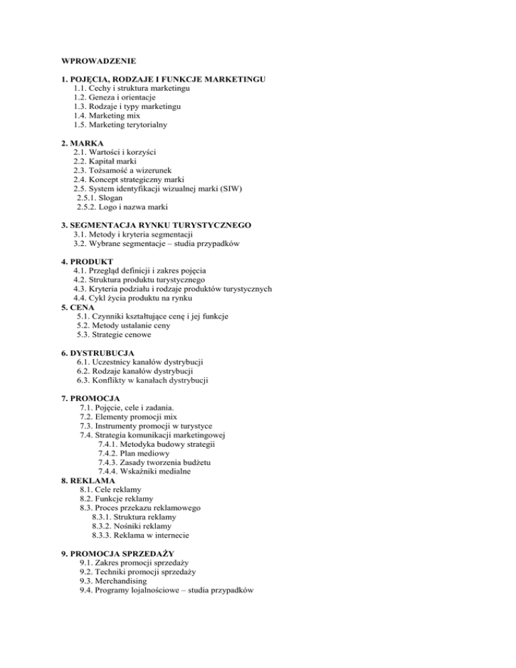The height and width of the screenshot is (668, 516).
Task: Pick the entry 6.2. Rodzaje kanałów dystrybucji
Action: (x=135, y=371)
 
